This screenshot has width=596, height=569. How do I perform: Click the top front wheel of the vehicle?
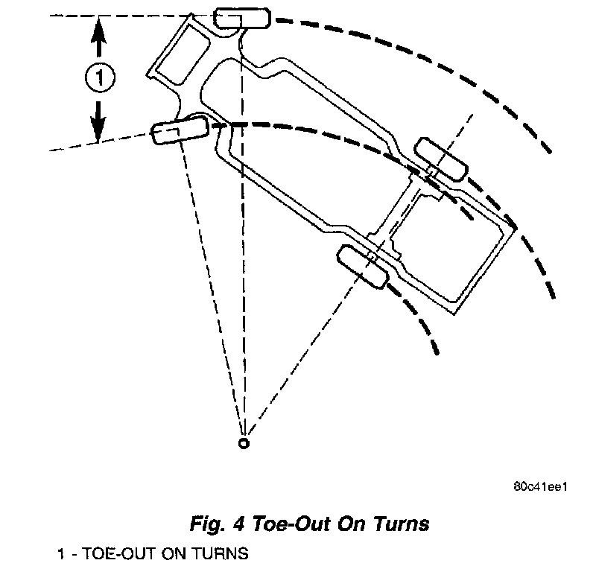point(241,19)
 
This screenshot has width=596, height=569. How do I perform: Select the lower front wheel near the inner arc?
point(179,131)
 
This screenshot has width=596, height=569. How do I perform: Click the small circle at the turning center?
point(243,444)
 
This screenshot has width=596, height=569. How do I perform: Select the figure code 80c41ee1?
point(541,489)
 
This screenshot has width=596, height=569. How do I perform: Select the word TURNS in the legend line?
point(217,555)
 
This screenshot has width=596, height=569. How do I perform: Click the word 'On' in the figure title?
point(346,524)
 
